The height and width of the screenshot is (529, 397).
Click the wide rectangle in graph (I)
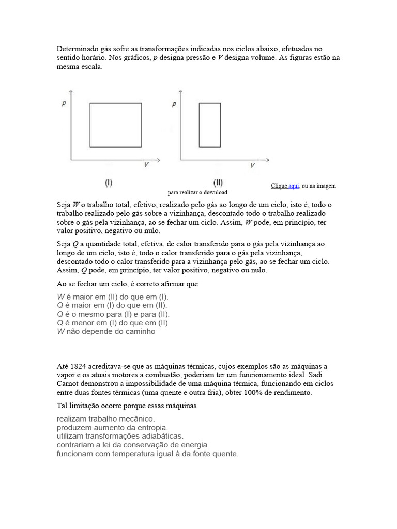(115, 125)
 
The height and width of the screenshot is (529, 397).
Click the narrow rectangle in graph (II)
(210, 125)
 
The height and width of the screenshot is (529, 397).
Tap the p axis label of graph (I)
(63, 104)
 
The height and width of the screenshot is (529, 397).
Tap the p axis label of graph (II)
(174, 104)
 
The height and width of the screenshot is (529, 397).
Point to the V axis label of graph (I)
(147, 165)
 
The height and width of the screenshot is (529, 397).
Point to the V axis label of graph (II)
(252, 165)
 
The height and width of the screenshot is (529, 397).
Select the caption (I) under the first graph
(109, 182)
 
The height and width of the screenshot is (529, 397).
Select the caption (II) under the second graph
(218, 182)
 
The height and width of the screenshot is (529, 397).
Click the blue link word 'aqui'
(294, 186)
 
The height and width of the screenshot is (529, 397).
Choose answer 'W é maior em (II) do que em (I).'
(113, 297)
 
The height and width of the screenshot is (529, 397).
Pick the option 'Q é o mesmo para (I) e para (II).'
(113, 314)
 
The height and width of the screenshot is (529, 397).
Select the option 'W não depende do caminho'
(106, 332)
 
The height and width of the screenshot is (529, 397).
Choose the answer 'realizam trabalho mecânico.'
(105, 419)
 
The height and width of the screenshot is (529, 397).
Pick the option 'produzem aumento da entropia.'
(112, 428)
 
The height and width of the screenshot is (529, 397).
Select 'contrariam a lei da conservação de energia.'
(133, 445)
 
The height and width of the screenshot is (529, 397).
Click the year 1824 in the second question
(77, 366)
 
